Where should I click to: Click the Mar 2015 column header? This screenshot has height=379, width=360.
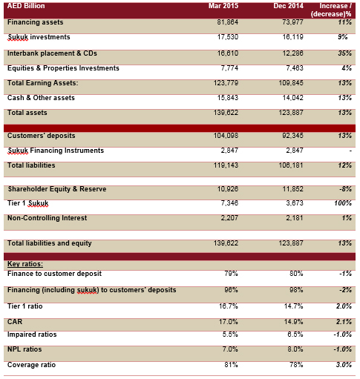coord(223,6)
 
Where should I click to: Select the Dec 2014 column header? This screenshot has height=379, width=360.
coord(288,6)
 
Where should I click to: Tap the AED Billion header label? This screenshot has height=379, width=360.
coord(26,6)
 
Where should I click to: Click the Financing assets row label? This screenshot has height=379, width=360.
coord(35,22)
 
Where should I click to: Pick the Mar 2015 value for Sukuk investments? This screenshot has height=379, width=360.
coord(228,37)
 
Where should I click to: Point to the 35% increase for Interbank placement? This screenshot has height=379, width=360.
coord(345,53)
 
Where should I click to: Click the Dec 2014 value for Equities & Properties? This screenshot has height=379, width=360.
coord(295,68)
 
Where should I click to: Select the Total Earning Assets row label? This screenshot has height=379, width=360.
coord(42,83)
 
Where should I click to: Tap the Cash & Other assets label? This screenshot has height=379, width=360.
coord(41,98)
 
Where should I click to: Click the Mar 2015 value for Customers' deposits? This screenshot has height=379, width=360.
coord(226,136)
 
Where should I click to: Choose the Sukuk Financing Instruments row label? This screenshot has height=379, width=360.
coord(56,151)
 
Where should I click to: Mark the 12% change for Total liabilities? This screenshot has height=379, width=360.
coord(345,165)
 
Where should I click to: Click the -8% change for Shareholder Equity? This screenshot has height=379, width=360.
coord(345,189)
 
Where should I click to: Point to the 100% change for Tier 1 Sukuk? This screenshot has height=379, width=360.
coord(343,203)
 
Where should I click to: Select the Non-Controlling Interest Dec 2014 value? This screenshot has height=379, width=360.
coord(295,218)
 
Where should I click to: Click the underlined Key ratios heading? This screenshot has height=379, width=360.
coord(25,264)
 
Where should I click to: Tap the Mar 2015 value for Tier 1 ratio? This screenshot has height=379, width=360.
coord(228,306)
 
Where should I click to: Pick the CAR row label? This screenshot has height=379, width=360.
coord(15,322)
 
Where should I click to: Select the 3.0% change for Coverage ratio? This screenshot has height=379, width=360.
coord(344,365)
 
